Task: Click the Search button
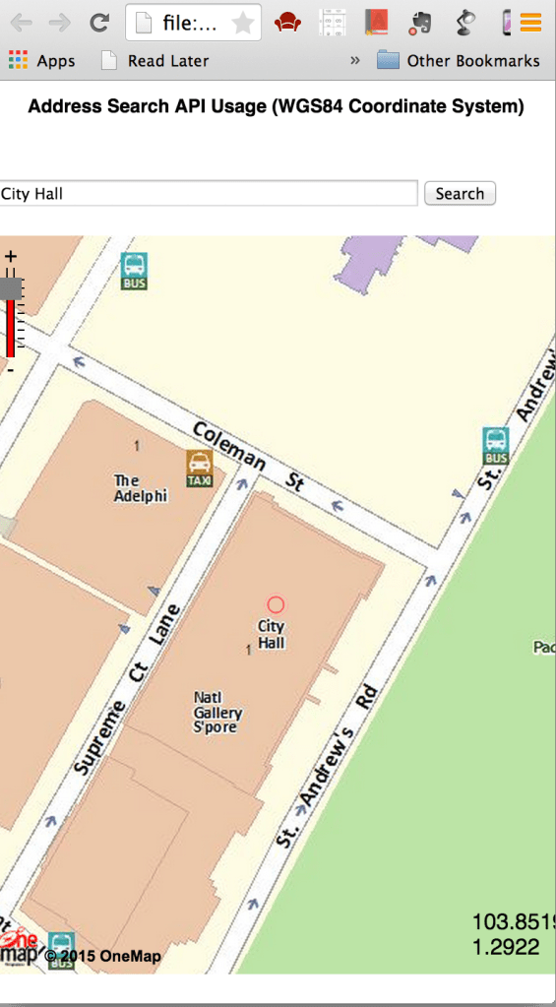click(x=460, y=194)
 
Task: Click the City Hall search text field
click(x=209, y=194)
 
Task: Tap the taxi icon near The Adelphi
click(x=200, y=469)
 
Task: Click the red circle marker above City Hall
click(x=276, y=604)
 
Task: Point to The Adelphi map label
click(x=139, y=488)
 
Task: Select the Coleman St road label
click(x=248, y=457)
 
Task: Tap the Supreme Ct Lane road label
click(x=128, y=688)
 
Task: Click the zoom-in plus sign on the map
click(x=11, y=258)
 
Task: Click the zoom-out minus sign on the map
click(x=11, y=370)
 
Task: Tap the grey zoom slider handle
click(x=11, y=288)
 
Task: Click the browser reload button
click(x=98, y=23)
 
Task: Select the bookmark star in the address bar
click(x=242, y=24)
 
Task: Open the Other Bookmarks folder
click(x=459, y=61)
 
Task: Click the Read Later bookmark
click(x=155, y=61)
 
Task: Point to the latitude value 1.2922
click(x=506, y=947)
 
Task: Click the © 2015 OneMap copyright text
click(x=103, y=957)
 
